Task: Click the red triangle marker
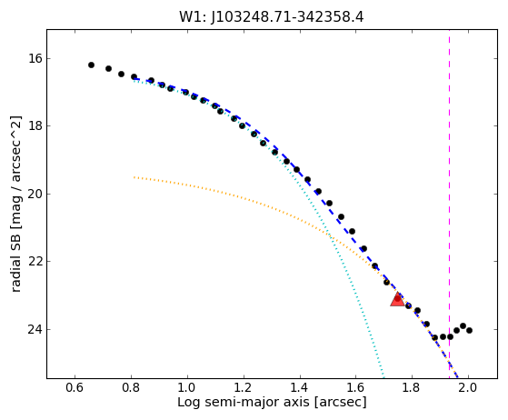coord(397,299)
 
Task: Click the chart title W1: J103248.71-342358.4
coord(272,17)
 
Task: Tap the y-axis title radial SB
coord(15,205)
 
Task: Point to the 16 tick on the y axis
coord(35,59)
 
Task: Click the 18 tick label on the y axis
coord(35,125)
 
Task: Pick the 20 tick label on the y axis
coord(35,194)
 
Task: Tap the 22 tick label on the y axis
coord(35,261)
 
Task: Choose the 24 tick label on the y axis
coord(35,329)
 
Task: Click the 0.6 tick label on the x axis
coord(75,387)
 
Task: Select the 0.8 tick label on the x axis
coord(131,387)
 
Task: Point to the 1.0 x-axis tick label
coord(187,387)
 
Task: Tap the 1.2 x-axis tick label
coord(244,387)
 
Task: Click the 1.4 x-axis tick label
coord(300,387)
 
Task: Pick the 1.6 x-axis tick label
coord(355,387)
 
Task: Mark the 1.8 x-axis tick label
coord(412,387)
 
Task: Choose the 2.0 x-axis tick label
coord(468,387)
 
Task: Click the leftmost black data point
coord(91,65)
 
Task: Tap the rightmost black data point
coord(469,331)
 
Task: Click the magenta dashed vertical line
coord(449,205)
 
